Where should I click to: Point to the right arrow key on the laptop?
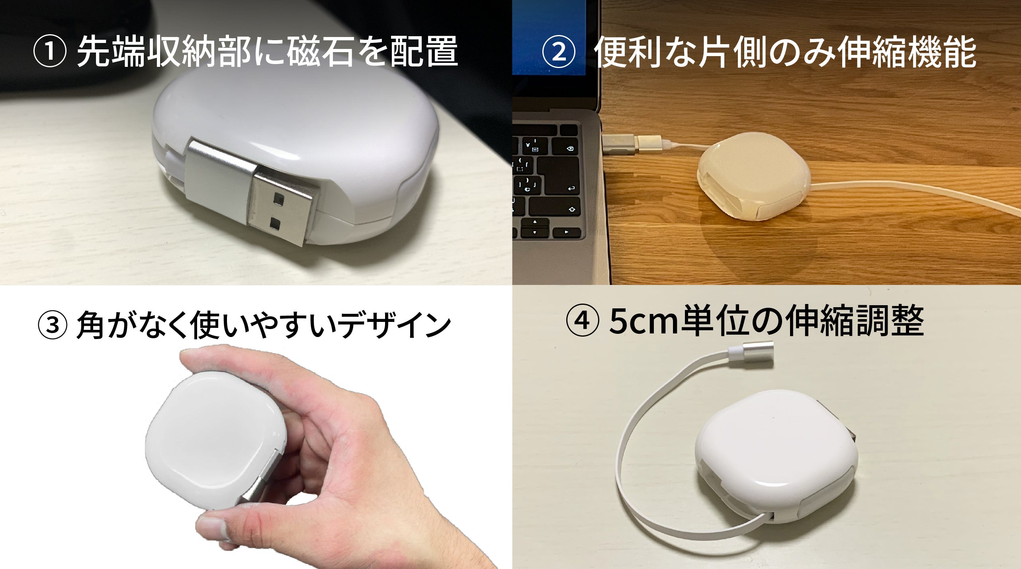566,232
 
